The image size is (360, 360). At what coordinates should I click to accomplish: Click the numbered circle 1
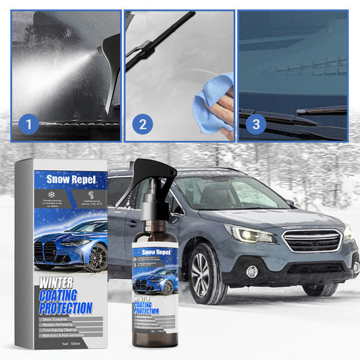pos(26,124)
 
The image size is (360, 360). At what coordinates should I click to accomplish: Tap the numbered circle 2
pos(142,124)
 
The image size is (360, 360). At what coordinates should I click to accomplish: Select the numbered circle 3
pos(255,124)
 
